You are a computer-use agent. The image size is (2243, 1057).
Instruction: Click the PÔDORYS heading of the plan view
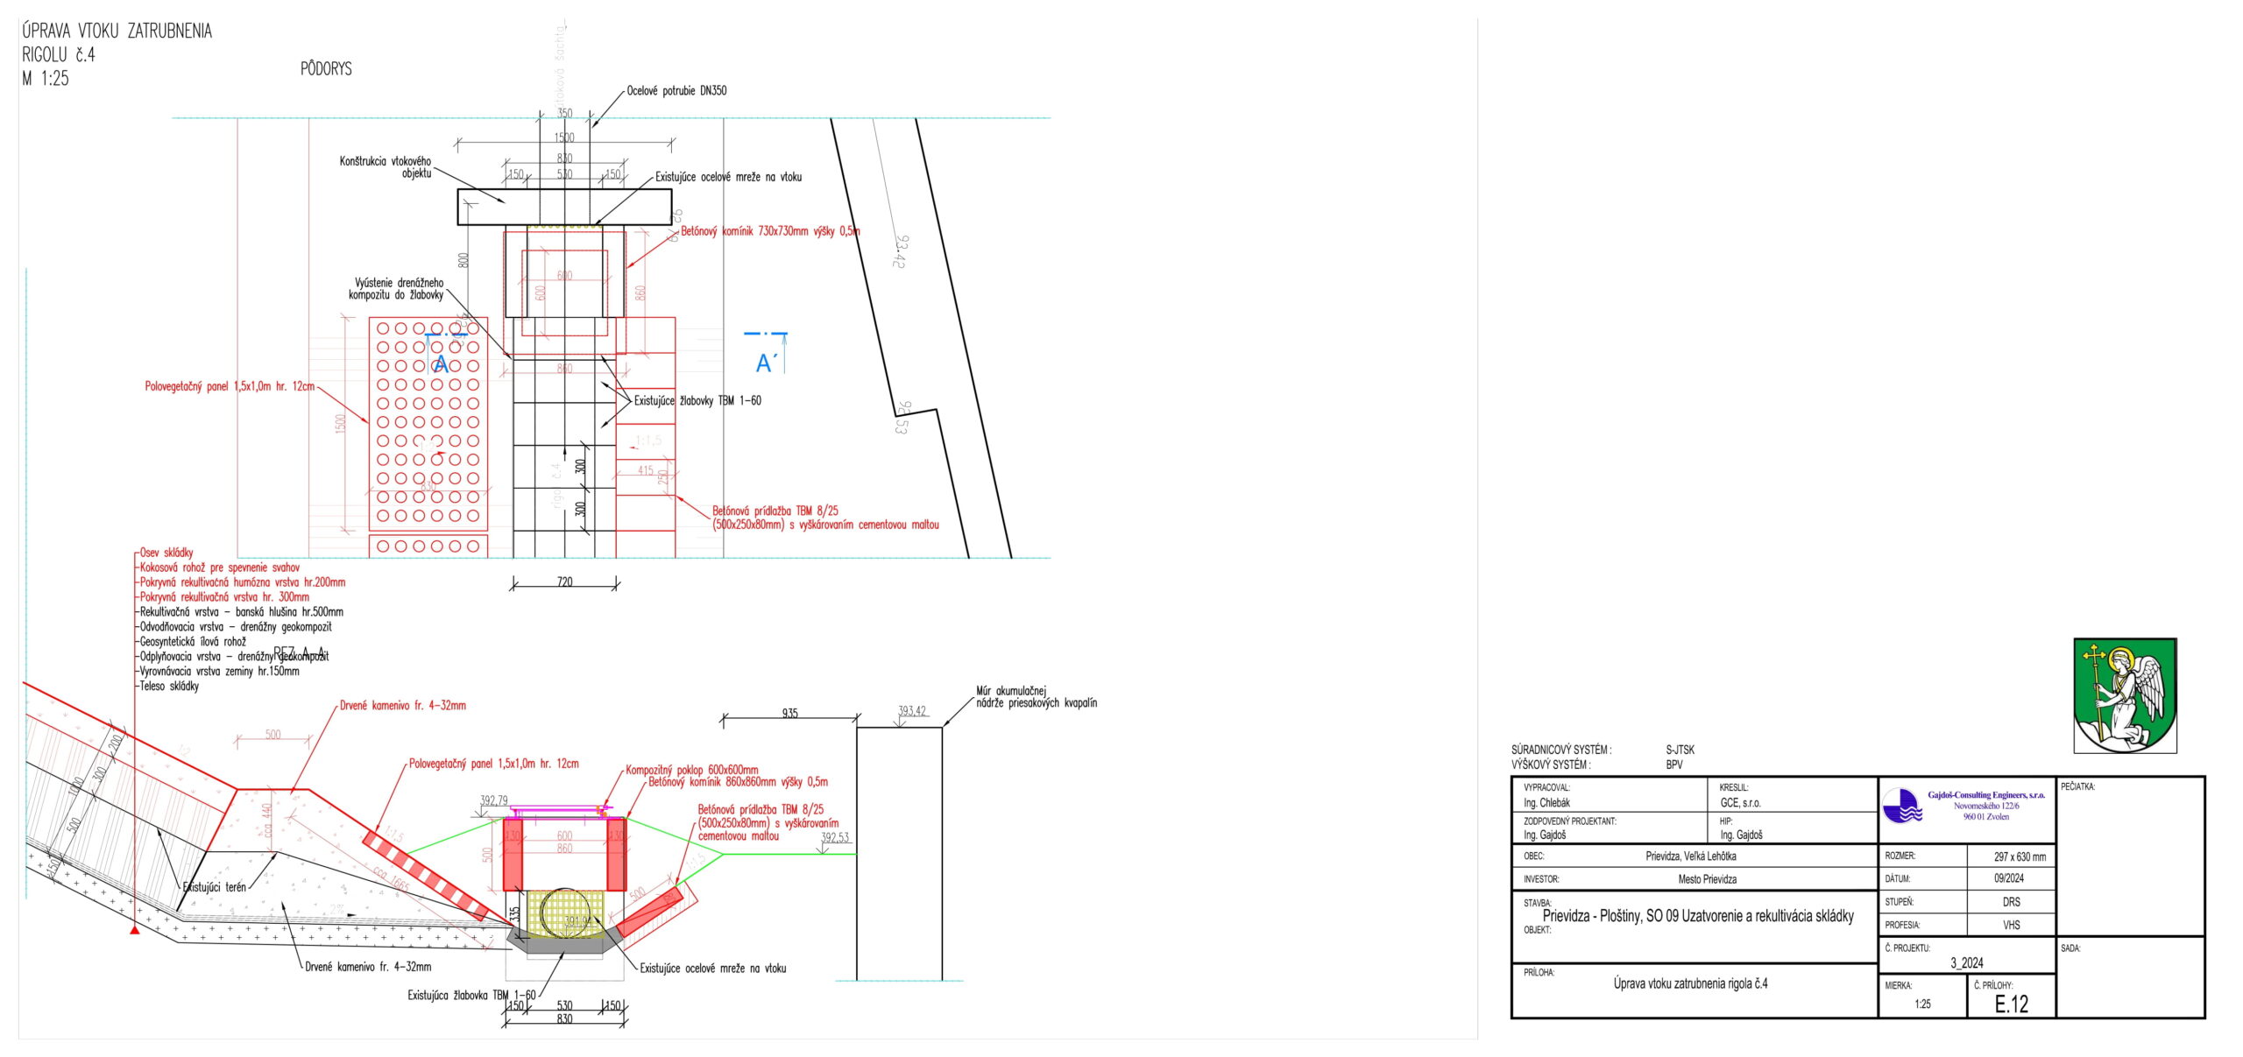tap(326, 68)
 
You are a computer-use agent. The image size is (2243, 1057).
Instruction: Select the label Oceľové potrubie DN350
tap(676, 90)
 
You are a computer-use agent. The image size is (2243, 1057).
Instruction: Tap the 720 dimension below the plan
tap(564, 582)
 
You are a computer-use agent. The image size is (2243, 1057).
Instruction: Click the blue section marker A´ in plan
tap(765, 362)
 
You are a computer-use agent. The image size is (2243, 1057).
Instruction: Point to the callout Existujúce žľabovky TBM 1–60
tap(697, 401)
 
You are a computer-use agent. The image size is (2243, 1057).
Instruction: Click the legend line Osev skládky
tap(166, 553)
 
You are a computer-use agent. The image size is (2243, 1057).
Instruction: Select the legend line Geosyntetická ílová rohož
tap(193, 642)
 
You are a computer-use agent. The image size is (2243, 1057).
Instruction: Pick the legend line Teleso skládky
tap(169, 687)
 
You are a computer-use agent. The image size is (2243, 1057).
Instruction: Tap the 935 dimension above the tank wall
tap(789, 714)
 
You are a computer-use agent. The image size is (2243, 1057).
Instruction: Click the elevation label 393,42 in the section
tap(911, 711)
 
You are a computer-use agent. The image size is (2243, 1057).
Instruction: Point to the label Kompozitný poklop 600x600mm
tap(691, 770)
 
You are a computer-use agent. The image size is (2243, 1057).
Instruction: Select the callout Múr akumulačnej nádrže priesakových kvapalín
tap(1036, 697)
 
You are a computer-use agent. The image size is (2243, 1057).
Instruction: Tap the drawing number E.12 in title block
tap(2012, 1004)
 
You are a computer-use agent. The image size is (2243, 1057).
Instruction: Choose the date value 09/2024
tap(2009, 878)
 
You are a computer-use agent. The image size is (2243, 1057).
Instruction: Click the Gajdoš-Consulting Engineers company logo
tap(1902, 806)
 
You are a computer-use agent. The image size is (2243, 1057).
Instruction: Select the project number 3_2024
tap(1966, 962)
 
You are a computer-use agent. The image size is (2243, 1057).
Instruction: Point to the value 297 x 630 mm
tap(2020, 856)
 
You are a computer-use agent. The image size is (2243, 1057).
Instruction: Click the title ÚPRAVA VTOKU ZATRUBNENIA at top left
tap(117, 32)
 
